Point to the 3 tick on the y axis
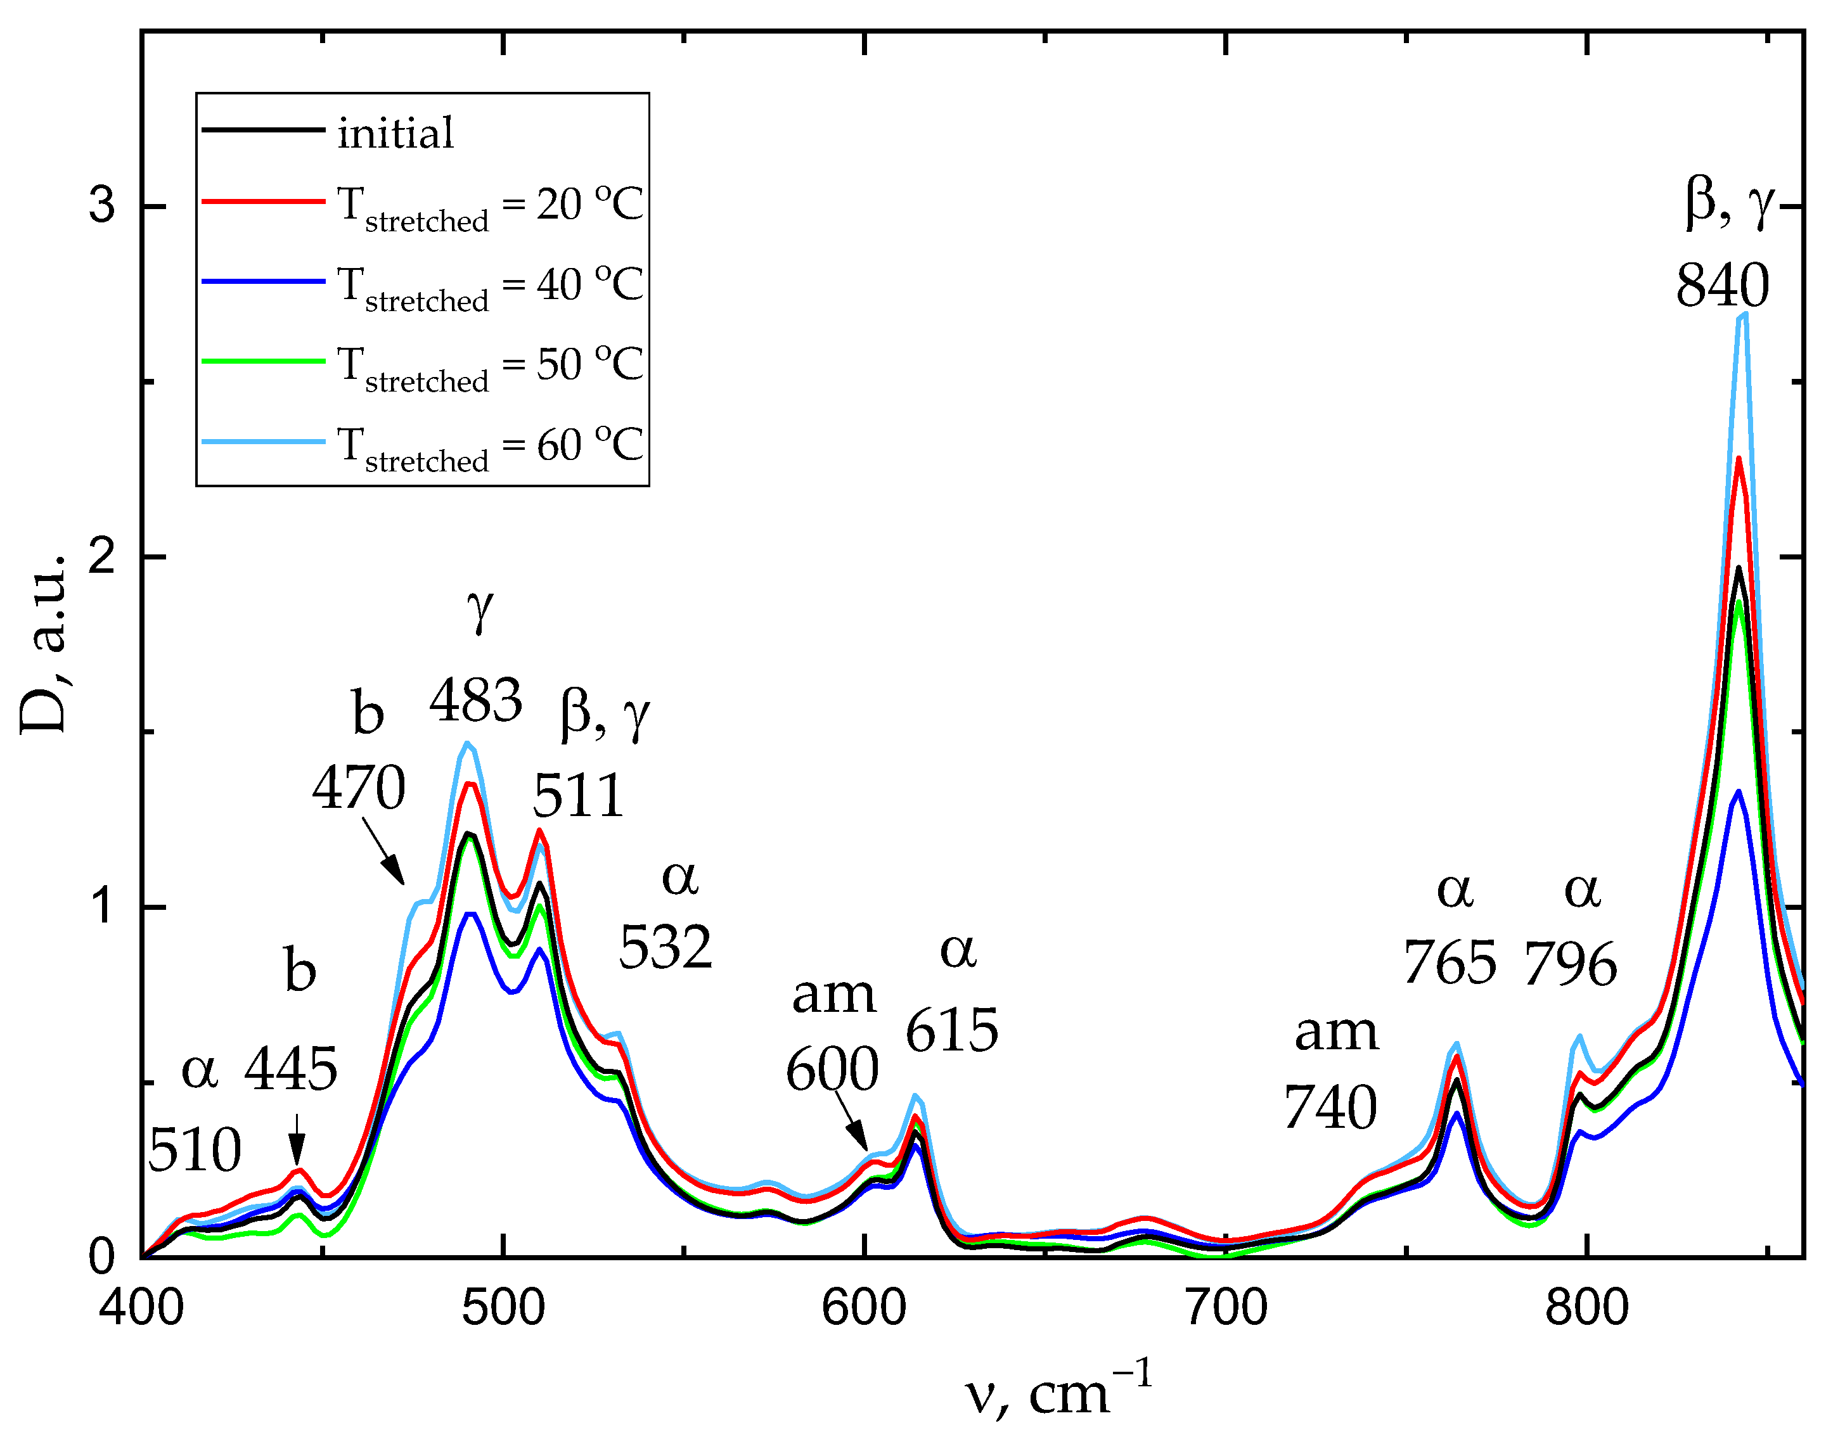pyautogui.click(x=102, y=205)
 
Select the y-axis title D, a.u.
pyautogui.click(x=44, y=644)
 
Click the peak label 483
pyautogui.click(x=476, y=700)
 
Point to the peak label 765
pyautogui.click(x=1450, y=962)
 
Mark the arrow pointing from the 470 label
pyautogui.click(x=385, y=852)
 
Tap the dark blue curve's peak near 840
pyautogui.click(x=1738, y=793)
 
